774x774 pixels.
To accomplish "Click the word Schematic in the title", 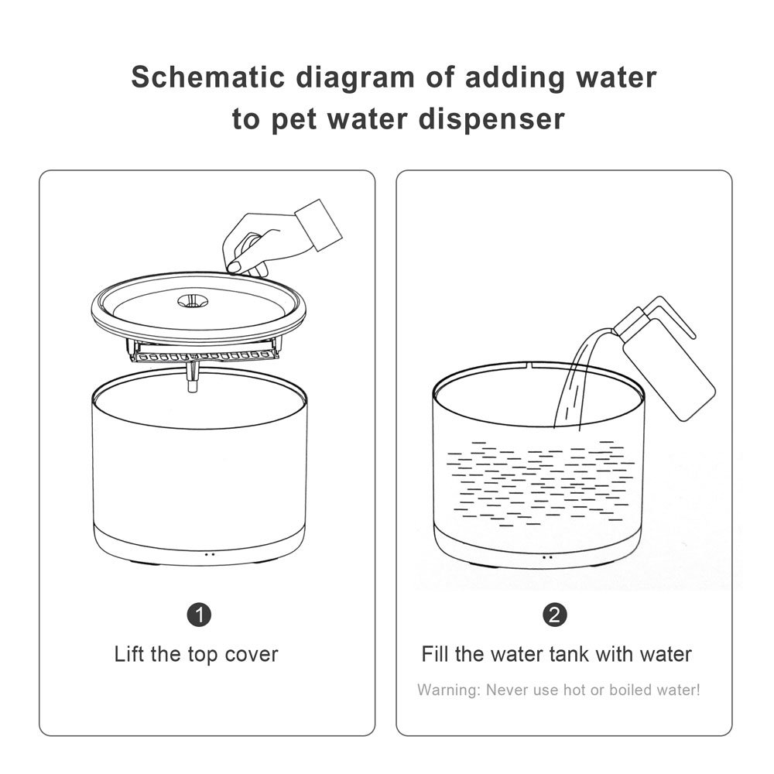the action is pos(208,77).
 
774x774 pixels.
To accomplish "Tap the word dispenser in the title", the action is pos(491,119).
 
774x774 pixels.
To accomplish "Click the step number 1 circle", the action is pos(200,615).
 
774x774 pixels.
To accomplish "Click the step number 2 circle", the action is pos(555,615).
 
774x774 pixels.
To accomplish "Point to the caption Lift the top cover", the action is pos(196,654).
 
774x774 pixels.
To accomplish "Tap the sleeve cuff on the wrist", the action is pos(318,225).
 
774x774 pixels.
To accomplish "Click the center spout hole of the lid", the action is pos(191,300).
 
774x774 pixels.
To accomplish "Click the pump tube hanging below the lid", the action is pos(192,377).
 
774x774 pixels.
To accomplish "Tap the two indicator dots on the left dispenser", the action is pos(209,554).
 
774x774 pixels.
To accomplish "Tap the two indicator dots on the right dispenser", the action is pos(547,557).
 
